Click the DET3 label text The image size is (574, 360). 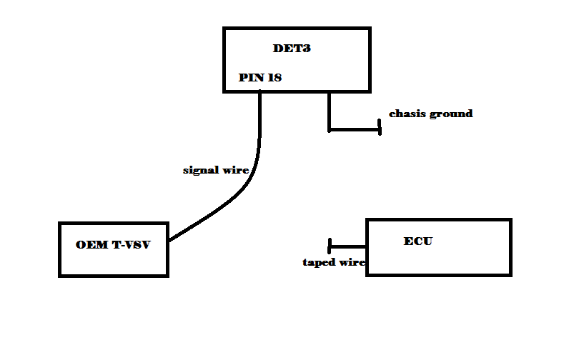pyautogui.click(x=292, y=49)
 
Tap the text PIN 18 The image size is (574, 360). pyautogui.click(x=260, y=78)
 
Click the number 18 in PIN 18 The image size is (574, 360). pyautogui.click(x=274, y=78)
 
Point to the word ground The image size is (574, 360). pyautogui.click(x=451, y=114)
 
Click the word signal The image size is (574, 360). pyautogui.click(x=200, y=171)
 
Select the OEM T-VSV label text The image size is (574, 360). pyautogui.click(x=114, y=245)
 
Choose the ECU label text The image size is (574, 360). pyautogui.click(x=418, y=241)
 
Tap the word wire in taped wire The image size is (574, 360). pyautogui.click(x=353, y=263)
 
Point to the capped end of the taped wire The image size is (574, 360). pyautogui.click(x=330, y=246)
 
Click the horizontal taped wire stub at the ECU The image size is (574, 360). pyautogui.click(x=348, y=246)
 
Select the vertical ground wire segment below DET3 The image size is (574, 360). pyautogui.click(x=330, y=111)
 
